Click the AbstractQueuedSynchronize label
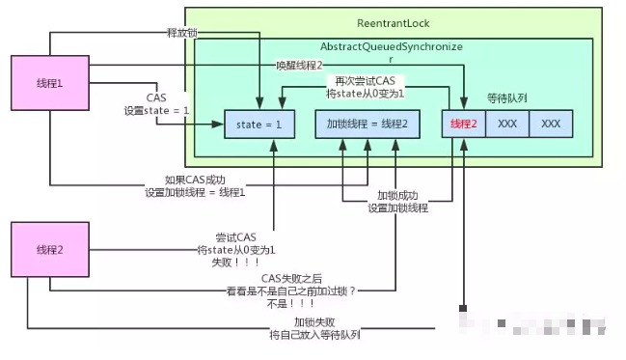coord(391,46)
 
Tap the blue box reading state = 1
coord(258,124)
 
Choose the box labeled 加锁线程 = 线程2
coord(367,124)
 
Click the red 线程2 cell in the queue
coord(463,124)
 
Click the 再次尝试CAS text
coord(366,80)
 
